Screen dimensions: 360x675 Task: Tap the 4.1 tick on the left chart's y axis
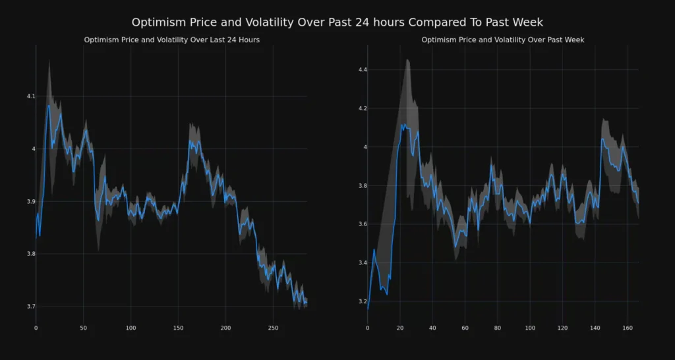(x=30, y=96)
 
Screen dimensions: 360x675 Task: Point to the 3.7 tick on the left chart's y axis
(x=30, y=307)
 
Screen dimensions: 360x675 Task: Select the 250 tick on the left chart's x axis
(x=178, y=328)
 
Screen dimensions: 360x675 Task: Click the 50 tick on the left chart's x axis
(x=83, y=328)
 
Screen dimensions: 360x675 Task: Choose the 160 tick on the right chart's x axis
(x=628, y=328)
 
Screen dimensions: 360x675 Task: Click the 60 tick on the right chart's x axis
(x=465, y=328)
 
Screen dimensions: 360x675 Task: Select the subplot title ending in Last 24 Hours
(x=171, y=40)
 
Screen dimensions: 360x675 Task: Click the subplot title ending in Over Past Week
(x=503, y=40)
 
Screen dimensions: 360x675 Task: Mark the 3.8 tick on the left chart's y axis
(x=30, y=254)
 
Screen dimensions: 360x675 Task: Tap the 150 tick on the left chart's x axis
(x=178, y=328)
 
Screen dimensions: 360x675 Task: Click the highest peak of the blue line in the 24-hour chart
(x=48, y=105)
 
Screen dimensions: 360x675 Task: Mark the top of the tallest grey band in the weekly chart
(x=407, y=60)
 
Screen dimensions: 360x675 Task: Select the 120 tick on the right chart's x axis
(x=562, y=328)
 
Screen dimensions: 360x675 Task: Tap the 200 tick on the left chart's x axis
(x=225, y=328)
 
